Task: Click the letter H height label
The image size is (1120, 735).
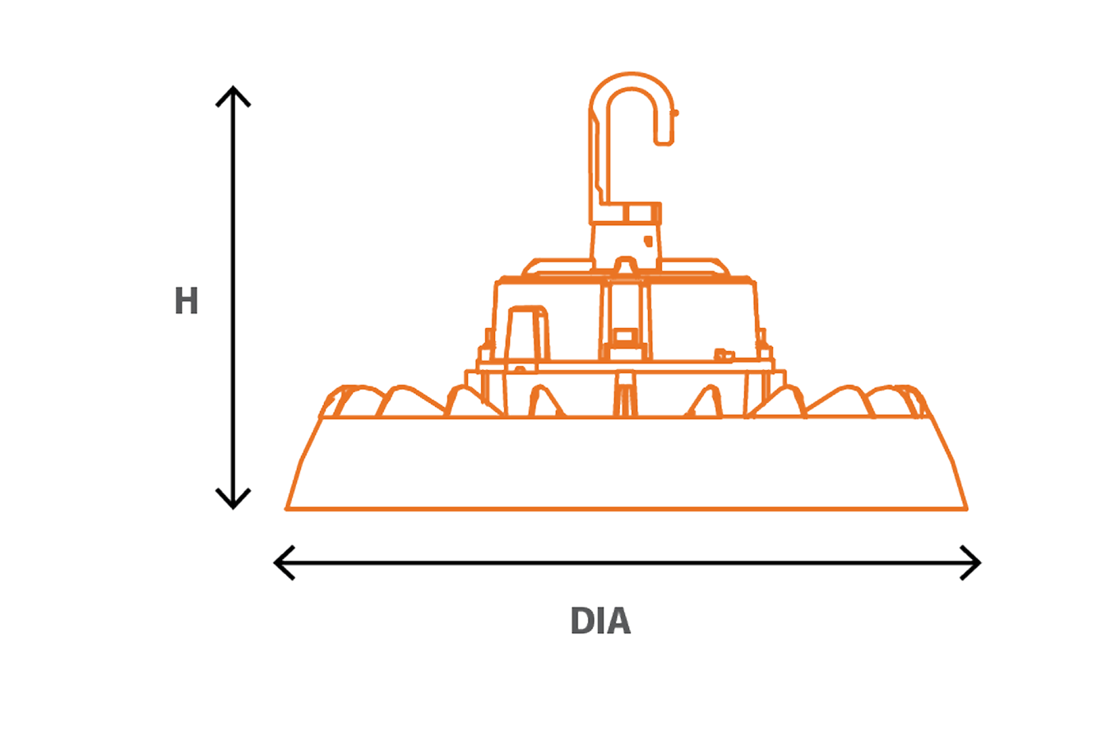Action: pyautogui.click(x=187, y=302)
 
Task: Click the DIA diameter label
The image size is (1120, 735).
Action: pyautogui.click(x=600, y=622)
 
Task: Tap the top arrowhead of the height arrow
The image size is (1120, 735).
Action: pyautogui.click(x=233, y=92)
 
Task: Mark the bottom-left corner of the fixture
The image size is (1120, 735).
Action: pyautogui.click(x=288, y=508)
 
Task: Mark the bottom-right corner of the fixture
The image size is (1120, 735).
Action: pyautogui.click(x=965, y=508)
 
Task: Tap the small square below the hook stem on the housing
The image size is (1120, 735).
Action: pyautogui.click(x=624, y=336)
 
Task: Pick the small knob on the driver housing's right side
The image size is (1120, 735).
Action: pyautogui.click(x=723, y=354)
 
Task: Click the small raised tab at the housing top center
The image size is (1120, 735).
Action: pyautogui.click(x=625, y=265)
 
